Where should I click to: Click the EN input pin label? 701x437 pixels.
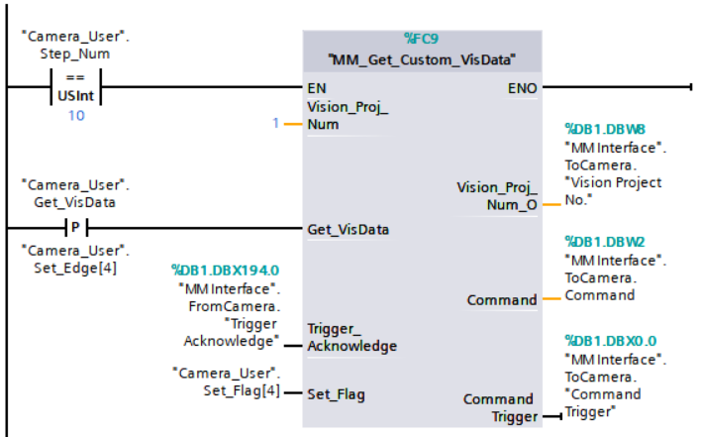coord(317,87)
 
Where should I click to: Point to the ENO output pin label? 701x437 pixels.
coord(522,87)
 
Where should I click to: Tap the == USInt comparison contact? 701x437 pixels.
coord(75,87)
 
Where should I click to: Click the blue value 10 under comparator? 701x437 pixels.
coord(75,116)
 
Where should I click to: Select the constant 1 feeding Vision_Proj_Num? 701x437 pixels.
coord(276,124)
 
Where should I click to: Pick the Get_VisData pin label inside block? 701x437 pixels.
coord(348,229)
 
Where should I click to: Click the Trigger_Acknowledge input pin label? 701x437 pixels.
coord(351,337)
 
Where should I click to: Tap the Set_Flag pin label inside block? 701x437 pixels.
coord(336,394)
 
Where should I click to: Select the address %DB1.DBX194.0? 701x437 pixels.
coord(225,269)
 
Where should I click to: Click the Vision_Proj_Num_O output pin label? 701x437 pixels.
coord(496,195)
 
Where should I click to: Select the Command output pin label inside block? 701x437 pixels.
coord(502,299)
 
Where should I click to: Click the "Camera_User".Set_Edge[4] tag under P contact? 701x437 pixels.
coord(76,259)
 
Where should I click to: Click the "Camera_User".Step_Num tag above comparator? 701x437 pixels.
coord(75,45)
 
